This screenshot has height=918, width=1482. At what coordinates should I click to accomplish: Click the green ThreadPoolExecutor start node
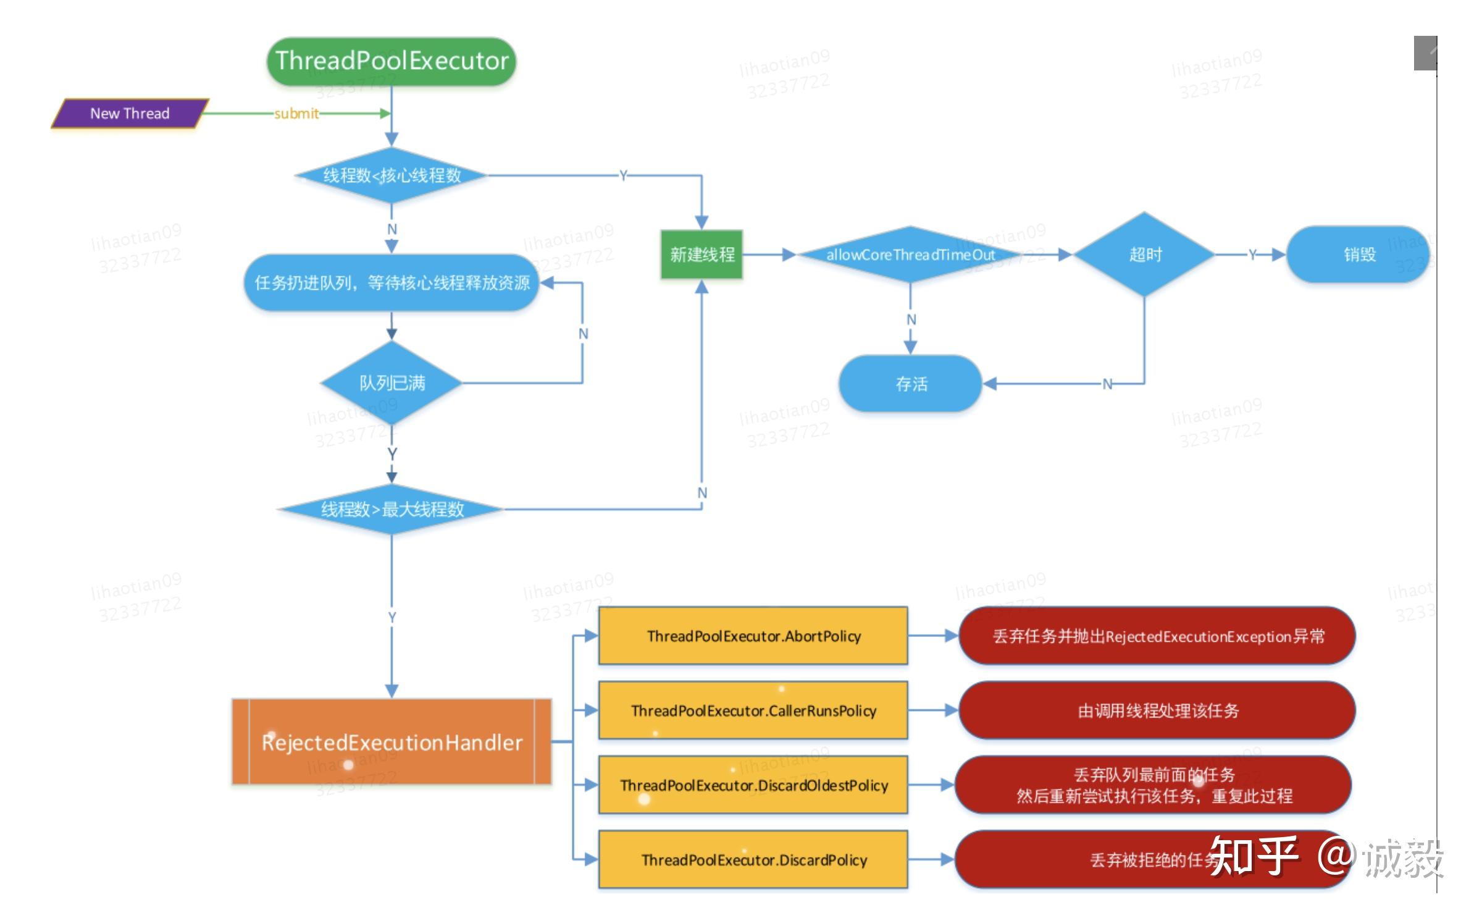[x=391, y=61]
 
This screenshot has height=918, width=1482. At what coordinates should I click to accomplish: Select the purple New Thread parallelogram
[x=130, y=114]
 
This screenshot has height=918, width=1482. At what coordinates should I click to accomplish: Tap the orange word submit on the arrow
[x=296, y=114]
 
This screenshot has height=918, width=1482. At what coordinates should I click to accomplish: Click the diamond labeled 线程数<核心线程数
[x=391, y=175]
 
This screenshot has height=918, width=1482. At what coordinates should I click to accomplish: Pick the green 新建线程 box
[x=701, y=255]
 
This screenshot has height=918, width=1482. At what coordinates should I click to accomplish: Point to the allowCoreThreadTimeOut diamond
[x=910, y=255]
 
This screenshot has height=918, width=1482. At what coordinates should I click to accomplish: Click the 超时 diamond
[x=1145, y=255]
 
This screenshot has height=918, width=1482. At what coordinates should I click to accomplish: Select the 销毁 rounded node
[x=1358, y=255]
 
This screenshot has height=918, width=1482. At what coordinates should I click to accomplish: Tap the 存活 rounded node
[x=911, y=384]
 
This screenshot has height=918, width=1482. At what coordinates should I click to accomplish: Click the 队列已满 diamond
[x=391, y=383]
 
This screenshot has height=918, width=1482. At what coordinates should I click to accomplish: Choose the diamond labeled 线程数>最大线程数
[x=391, y=510]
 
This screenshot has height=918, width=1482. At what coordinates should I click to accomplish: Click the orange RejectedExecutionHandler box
[x=391, y=742]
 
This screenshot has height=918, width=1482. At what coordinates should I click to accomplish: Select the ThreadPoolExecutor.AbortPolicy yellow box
[x=753, y=636]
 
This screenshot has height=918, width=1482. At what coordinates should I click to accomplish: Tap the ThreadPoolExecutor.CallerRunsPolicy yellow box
[x=753, y=710]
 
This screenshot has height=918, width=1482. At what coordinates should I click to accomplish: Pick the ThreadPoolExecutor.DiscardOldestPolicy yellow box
[x=753, y=785]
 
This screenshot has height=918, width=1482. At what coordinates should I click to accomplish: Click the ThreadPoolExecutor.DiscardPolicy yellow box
[x=753, y=860]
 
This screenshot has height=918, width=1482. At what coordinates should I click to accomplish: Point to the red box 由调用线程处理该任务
[x=1157, y=710]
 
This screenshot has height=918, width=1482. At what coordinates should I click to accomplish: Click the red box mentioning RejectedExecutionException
[x=1157, y=636]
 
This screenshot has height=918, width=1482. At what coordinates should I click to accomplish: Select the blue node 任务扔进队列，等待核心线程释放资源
[x=391, y=283]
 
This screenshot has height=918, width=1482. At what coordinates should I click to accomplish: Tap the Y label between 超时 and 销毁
[x=1252, y=255]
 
